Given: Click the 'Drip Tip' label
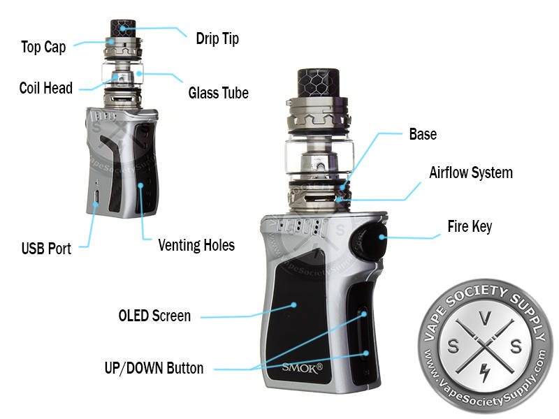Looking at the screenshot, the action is click(217, 39).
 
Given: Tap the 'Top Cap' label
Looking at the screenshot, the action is click(43, 47).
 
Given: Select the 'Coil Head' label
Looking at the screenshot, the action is click(46, 88).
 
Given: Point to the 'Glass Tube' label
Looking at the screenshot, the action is click(219, 93).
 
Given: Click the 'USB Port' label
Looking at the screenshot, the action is click(46, 249).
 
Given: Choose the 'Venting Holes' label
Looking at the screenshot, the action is click(196, 246).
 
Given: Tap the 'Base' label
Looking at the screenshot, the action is click(423, 134).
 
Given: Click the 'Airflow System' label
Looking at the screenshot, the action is click(471, 172).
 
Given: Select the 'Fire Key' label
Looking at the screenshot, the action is click(470, 226).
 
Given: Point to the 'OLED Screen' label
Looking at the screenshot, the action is click(154, 316).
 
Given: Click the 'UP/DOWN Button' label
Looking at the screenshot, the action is click(154, 369).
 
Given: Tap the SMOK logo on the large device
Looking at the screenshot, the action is click(303, 368).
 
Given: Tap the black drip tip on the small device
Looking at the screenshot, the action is click(123, 29).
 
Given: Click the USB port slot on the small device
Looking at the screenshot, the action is click(96, 197).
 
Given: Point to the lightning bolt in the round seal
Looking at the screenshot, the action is click(484, 373).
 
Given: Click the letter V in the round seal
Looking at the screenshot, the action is click(485, 318).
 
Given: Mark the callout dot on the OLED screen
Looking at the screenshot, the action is click(293, 305).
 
